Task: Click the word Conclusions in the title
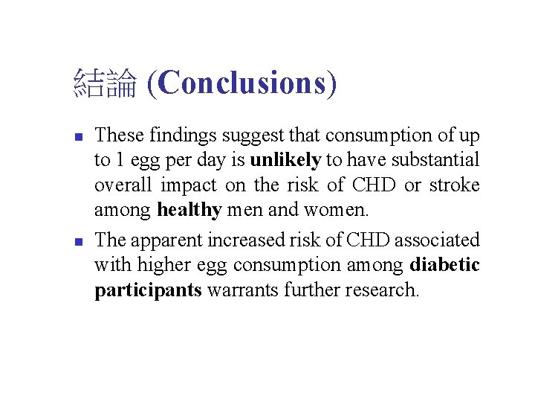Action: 242,83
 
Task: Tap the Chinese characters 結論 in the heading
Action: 105,84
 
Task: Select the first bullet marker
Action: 78,137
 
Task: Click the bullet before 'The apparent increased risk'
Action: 78,241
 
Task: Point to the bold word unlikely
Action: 285,161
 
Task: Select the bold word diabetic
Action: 444,266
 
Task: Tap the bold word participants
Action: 148,290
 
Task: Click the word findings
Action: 181,136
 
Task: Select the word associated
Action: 437,240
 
